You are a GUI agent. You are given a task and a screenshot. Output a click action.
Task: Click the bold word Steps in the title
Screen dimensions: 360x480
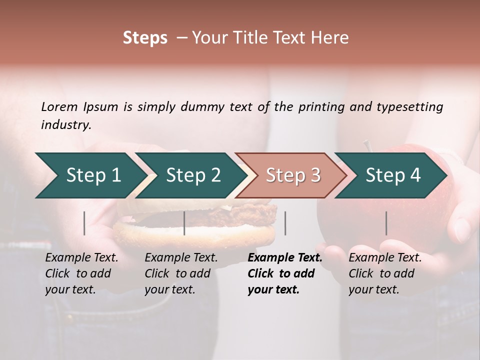pyautogui.click(x=145, y=38)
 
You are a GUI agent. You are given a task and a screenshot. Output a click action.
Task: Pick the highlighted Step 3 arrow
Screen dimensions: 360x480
pyautogui.click(x=293, y=175)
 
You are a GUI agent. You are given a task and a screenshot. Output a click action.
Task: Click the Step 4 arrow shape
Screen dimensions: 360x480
pyautogui.click(x=393, y=175)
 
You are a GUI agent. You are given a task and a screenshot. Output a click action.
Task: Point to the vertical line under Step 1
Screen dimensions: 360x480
pyautogui.click(x=84, y=223)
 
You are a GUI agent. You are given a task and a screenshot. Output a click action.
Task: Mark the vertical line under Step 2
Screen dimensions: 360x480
pyautogui.click(x=184, y=223)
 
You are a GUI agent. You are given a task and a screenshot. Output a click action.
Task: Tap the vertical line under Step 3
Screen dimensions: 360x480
pyautogui.click(x=285, y=223)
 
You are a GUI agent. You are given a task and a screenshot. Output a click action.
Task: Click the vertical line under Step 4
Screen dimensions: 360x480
pyautogui.click(x=386, y=223)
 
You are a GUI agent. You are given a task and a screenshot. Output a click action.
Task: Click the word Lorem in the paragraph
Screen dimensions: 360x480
pyautogui.click(x=59, y=107)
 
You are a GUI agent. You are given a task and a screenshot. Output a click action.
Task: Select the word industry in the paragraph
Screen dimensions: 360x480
pyautogui.click(x=65, y=125)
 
